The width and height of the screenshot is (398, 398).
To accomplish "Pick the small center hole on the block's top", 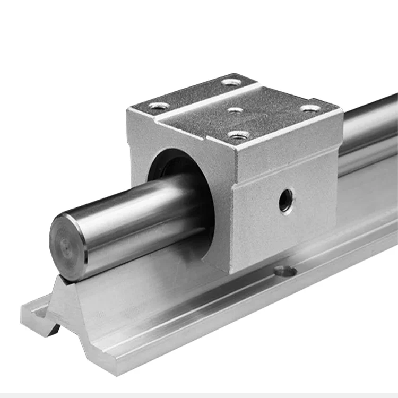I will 235,110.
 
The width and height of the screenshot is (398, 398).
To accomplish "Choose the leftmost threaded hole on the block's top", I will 159,106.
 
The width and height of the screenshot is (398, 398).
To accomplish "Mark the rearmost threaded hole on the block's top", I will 231,82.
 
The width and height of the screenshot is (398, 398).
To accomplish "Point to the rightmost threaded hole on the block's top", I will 310,108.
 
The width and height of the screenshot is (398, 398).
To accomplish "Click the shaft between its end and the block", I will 138,212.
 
